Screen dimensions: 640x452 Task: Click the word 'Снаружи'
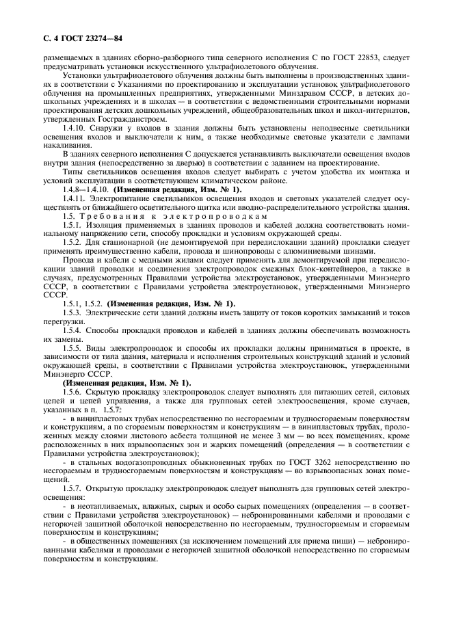(x=114, y=128)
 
